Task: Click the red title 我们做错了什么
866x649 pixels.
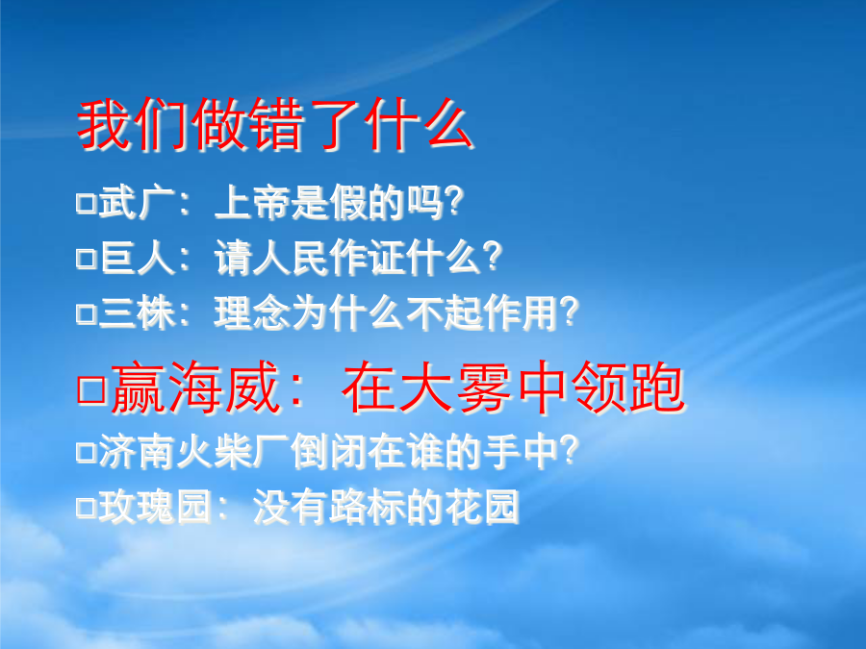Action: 275,125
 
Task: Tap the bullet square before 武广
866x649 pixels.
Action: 87,203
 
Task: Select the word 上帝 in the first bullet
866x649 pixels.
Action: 252,203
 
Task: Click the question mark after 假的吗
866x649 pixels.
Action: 454,202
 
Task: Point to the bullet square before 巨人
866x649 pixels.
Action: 87,258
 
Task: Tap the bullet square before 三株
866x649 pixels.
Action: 87,313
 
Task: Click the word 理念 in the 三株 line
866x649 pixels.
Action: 252,313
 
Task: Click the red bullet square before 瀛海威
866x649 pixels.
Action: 91,389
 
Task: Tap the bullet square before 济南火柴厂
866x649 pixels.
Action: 87,452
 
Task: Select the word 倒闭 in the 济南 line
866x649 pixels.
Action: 329,452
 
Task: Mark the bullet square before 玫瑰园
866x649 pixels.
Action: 87,507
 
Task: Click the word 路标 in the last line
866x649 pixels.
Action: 368,507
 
